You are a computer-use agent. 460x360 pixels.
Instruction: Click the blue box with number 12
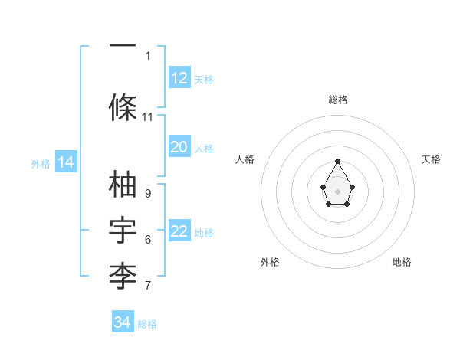click(179, 78)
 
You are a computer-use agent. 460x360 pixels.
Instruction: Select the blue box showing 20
click(179, 147)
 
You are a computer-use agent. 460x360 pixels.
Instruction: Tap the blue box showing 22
click(179, 232)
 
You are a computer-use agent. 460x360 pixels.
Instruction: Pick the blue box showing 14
click(65, 162)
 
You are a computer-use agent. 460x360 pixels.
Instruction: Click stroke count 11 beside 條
click(148, 117)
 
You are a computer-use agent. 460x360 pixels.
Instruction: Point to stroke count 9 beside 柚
click(148, 194)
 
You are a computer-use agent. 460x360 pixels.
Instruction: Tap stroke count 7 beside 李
click(148, 286)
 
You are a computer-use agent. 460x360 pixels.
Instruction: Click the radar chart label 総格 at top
click(338, 100)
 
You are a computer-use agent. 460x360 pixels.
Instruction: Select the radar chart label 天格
click(431, 159)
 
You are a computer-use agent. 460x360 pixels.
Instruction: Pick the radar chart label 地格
click(402, 262)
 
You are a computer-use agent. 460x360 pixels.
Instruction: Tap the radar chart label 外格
click(270, 262)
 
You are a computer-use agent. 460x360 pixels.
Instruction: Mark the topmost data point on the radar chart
click(338, 161)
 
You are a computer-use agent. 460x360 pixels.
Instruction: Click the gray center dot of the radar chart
click(338, 190)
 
